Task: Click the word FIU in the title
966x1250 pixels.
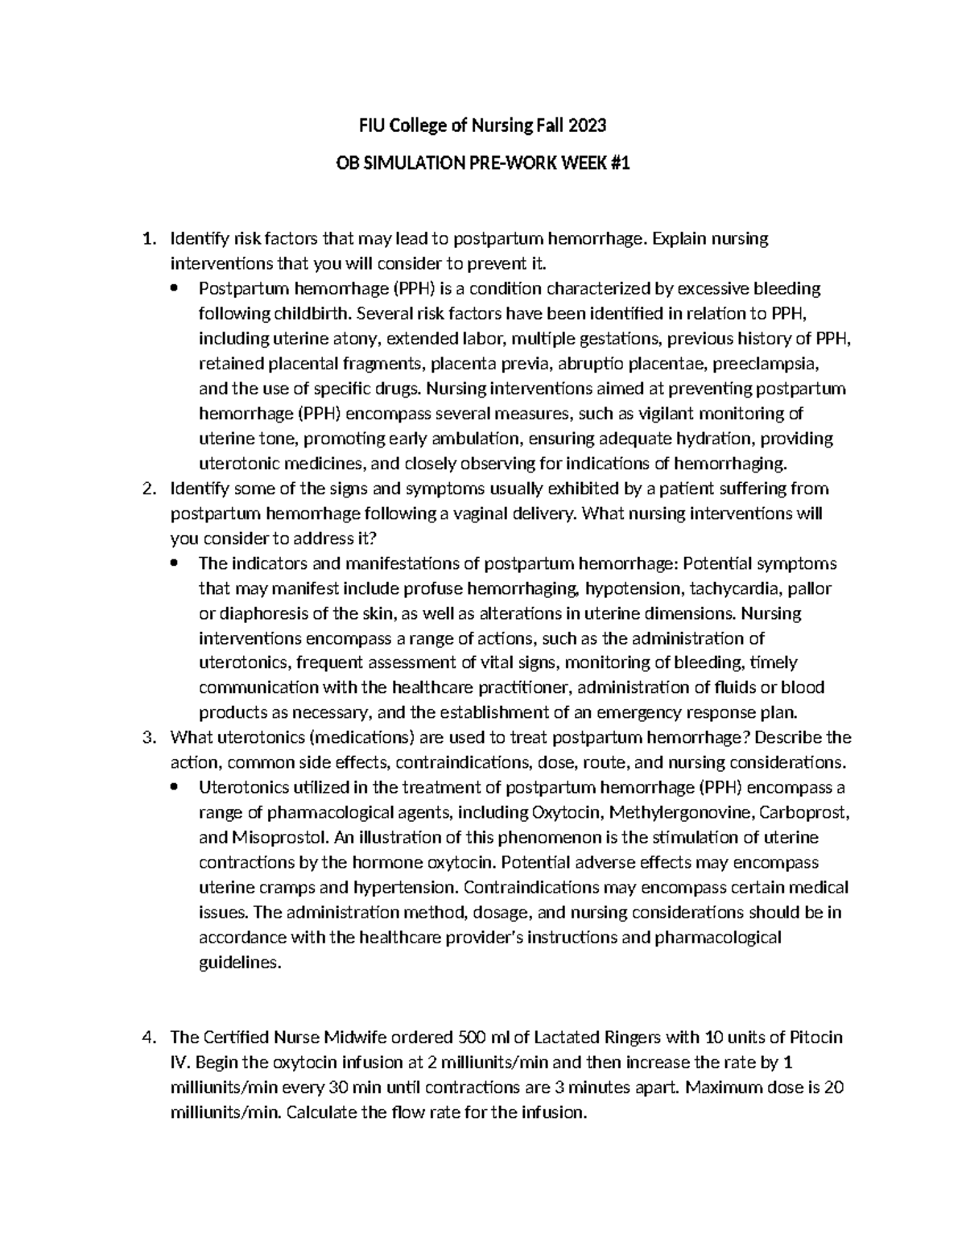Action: point(371,126)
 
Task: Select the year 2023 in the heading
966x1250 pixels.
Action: point(588,126)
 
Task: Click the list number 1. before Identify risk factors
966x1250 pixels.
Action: point(147,238)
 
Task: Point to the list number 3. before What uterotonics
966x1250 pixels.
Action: point(147,737)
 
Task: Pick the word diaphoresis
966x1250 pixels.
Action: point(264,613)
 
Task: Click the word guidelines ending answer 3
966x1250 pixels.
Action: point(240,963)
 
